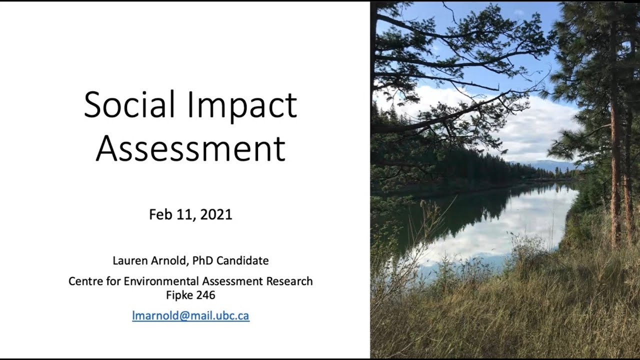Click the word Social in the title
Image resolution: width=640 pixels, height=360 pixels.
[129, 104]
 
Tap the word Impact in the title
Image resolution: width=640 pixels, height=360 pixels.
[242, 107]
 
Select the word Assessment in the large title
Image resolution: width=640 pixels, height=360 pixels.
[190, 148]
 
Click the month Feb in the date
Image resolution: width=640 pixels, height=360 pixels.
[160, 214]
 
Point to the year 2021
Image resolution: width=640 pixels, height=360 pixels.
[216, 214]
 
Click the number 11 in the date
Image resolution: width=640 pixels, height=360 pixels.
[186, 215]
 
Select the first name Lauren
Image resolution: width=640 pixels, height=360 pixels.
[130, 260]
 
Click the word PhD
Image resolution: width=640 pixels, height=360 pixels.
[203, 260]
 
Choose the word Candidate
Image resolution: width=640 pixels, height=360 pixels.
[243, 260]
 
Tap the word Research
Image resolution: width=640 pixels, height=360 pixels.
[289, 281]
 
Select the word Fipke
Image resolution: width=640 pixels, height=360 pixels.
[179, 295]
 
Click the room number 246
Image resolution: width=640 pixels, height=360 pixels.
[205, 295]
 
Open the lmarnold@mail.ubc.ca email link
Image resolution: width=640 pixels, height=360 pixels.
[191, 315]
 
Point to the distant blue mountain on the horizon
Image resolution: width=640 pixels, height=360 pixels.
[543, 165]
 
